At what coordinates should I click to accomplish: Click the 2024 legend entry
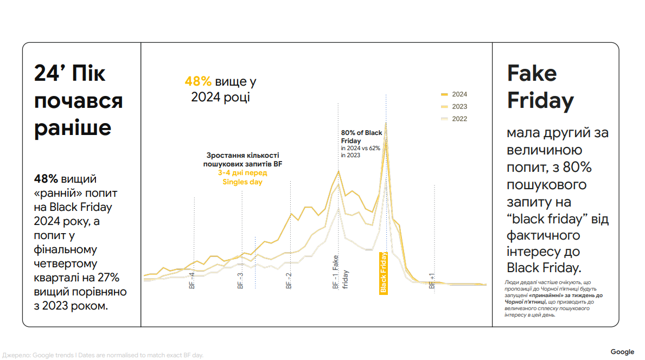[x=454, y=94]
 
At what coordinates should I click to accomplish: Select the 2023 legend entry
[x=454, y=106]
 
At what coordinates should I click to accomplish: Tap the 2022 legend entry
[x=454, y=119]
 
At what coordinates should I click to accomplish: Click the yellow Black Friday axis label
[x=384, y=273]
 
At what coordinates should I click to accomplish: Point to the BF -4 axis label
[x=191, y=280]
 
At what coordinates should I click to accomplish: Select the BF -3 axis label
[x=240, y=280]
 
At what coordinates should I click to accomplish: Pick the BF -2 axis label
[x=289, y=280]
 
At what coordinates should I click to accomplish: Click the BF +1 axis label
[x=432, y=281]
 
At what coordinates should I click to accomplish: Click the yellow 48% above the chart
[x=198, y=81]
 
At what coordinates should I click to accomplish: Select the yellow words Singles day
[x=242, y=182]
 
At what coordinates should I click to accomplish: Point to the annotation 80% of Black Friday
[x=362, y=137]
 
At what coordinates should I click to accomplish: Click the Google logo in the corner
[x=622, y=352]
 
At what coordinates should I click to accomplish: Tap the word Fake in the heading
[x=532, y=73]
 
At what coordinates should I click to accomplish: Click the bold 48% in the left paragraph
[x=46, y=179]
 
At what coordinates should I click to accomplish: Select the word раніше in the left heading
[x=73, y=128]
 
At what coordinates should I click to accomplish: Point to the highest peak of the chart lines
[x=386, y=123]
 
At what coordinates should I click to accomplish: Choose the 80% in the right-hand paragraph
[x=577, y=168]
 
